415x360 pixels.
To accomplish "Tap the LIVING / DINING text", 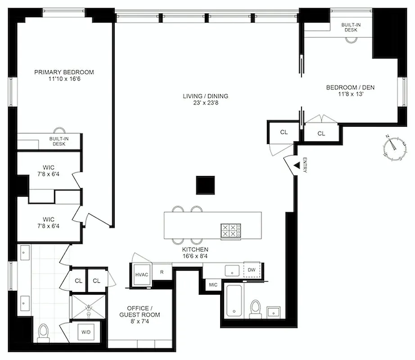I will pyautogui.click(x=205, y=96).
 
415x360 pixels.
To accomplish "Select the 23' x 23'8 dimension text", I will pyautogui.click(x=205, y=103).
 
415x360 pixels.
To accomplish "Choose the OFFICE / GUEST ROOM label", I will pyautogui.click(x=140, y=311).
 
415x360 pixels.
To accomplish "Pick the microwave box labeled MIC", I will pyautogui.click(x=212, y=284).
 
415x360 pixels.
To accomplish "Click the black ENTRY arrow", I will pyautogui.click(x=297, y=165).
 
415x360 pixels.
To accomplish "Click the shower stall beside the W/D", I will pyautogui.click(x=87, y=306).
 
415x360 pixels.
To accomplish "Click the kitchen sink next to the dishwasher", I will pyautogui.click(x=231, y=270).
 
